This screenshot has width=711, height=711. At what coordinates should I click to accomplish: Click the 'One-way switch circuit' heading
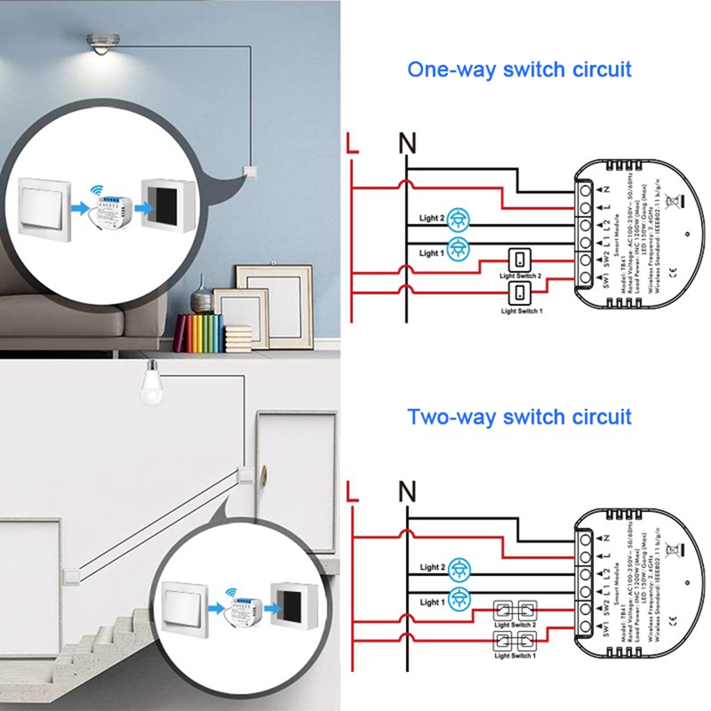pos(519,69)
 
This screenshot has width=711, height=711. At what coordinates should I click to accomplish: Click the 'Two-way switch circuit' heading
pos(519,416)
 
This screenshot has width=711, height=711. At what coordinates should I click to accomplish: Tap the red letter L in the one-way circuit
pos(353,144)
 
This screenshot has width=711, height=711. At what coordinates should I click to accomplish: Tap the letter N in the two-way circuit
pos(407,491)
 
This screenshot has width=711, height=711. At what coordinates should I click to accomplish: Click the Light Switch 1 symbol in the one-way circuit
pos(519,293)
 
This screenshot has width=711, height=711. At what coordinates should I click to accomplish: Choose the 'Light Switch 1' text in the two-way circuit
pos(515,656)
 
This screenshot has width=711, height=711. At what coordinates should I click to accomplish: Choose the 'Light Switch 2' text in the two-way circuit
pos(515,625)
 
